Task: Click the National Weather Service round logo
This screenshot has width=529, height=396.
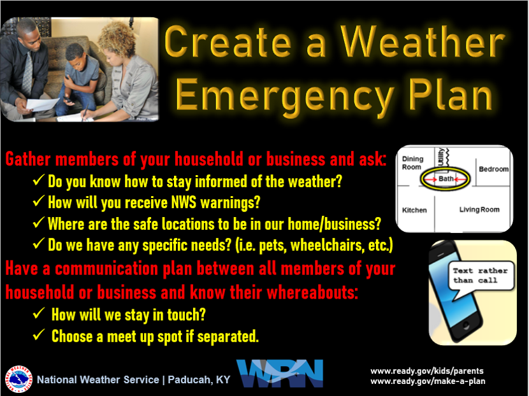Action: tap(18, 379)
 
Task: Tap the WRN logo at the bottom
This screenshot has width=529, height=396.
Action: tap(280, 373)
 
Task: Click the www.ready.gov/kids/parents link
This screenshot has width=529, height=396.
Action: tap(427, 371)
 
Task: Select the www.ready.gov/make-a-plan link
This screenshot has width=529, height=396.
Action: tap(428, 381)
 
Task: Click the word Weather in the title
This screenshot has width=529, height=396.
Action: tap(423, 42)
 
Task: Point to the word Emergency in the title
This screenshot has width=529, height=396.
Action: tap(284, 95)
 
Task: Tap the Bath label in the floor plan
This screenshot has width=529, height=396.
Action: tap(446, 179)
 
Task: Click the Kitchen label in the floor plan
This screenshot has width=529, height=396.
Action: tap(414, 210)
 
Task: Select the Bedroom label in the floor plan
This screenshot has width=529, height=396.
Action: tap(493, 169)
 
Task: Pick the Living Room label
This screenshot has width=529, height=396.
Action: tap(479, 209)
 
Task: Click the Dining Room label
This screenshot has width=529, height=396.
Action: tap(412, 163)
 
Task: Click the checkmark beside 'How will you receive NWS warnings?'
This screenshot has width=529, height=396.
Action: tap(38, 201)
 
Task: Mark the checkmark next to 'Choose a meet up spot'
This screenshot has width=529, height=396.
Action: tap(38, 335)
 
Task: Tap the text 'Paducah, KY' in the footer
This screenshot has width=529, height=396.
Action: tap(199, 379)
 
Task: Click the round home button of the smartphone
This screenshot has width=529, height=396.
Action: tap(466, 325)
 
